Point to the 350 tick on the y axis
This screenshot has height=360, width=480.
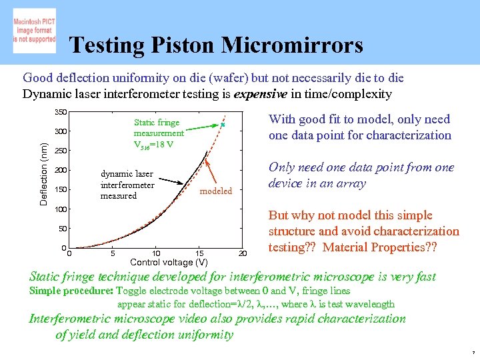click(x=61, y=111)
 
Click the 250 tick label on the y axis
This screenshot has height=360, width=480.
click(x=61, y=151)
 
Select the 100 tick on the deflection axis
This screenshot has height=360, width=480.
click(x=61, y=209)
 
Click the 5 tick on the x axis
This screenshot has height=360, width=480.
click(x=113, y=253)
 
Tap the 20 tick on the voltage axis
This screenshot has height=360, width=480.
click(x=243, y=253)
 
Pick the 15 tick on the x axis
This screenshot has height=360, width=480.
click(x=199, y=253)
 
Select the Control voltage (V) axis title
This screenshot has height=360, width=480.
click(x=169, y=262)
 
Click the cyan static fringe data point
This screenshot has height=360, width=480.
click(x=223, y=125)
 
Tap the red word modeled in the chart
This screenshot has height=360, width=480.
click(x=216, y=191)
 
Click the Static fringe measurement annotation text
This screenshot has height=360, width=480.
click(x=158, y=133)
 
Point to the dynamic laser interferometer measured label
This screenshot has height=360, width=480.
click(x=127, y=185)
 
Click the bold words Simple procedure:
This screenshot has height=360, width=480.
click(x=71, y=291)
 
